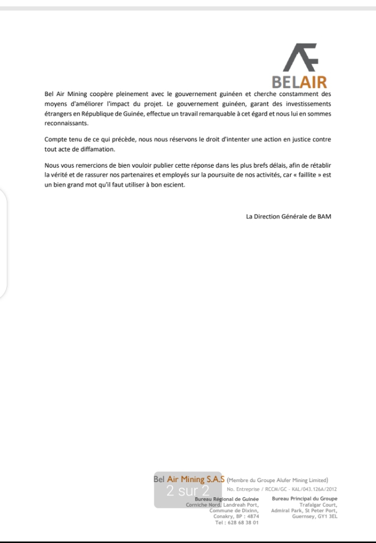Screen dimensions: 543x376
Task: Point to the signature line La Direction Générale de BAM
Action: [x=288, y=216]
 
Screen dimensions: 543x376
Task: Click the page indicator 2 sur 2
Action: [x=187, y=491]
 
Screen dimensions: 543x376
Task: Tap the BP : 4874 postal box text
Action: [x=247, y=516]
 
